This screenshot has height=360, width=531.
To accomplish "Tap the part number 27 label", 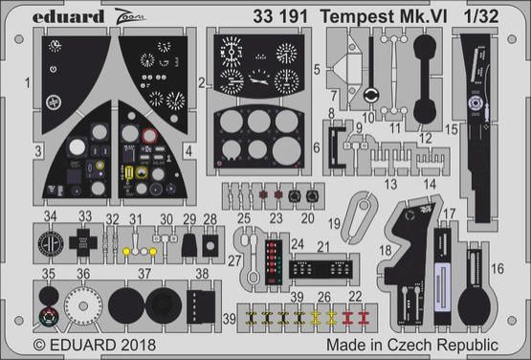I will (x=234, y=261).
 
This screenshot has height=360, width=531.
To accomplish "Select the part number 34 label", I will (x=51, y=216).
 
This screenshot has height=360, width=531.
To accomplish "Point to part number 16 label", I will (x=497, y=269).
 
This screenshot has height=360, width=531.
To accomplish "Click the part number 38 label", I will (x=201, y=272).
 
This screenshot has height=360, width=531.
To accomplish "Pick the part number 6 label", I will (x=317, y=146).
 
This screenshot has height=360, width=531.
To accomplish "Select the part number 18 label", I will (x=385, y=251).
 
